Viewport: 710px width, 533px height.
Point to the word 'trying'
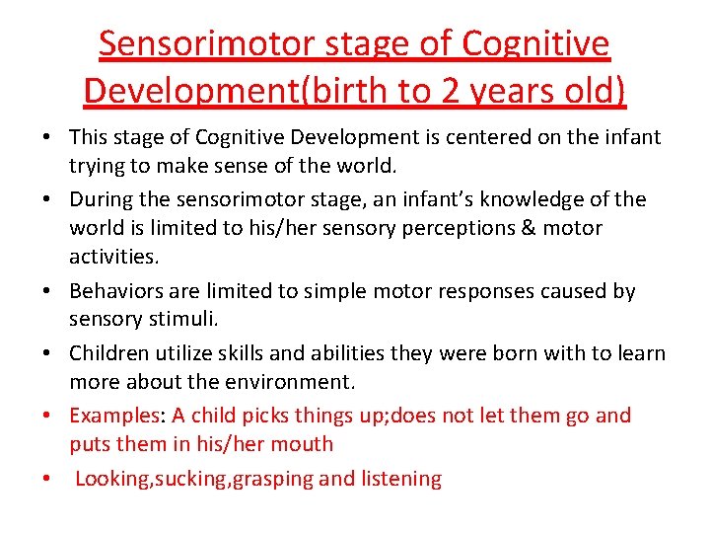pyautogui.click(x=98, y=166)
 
